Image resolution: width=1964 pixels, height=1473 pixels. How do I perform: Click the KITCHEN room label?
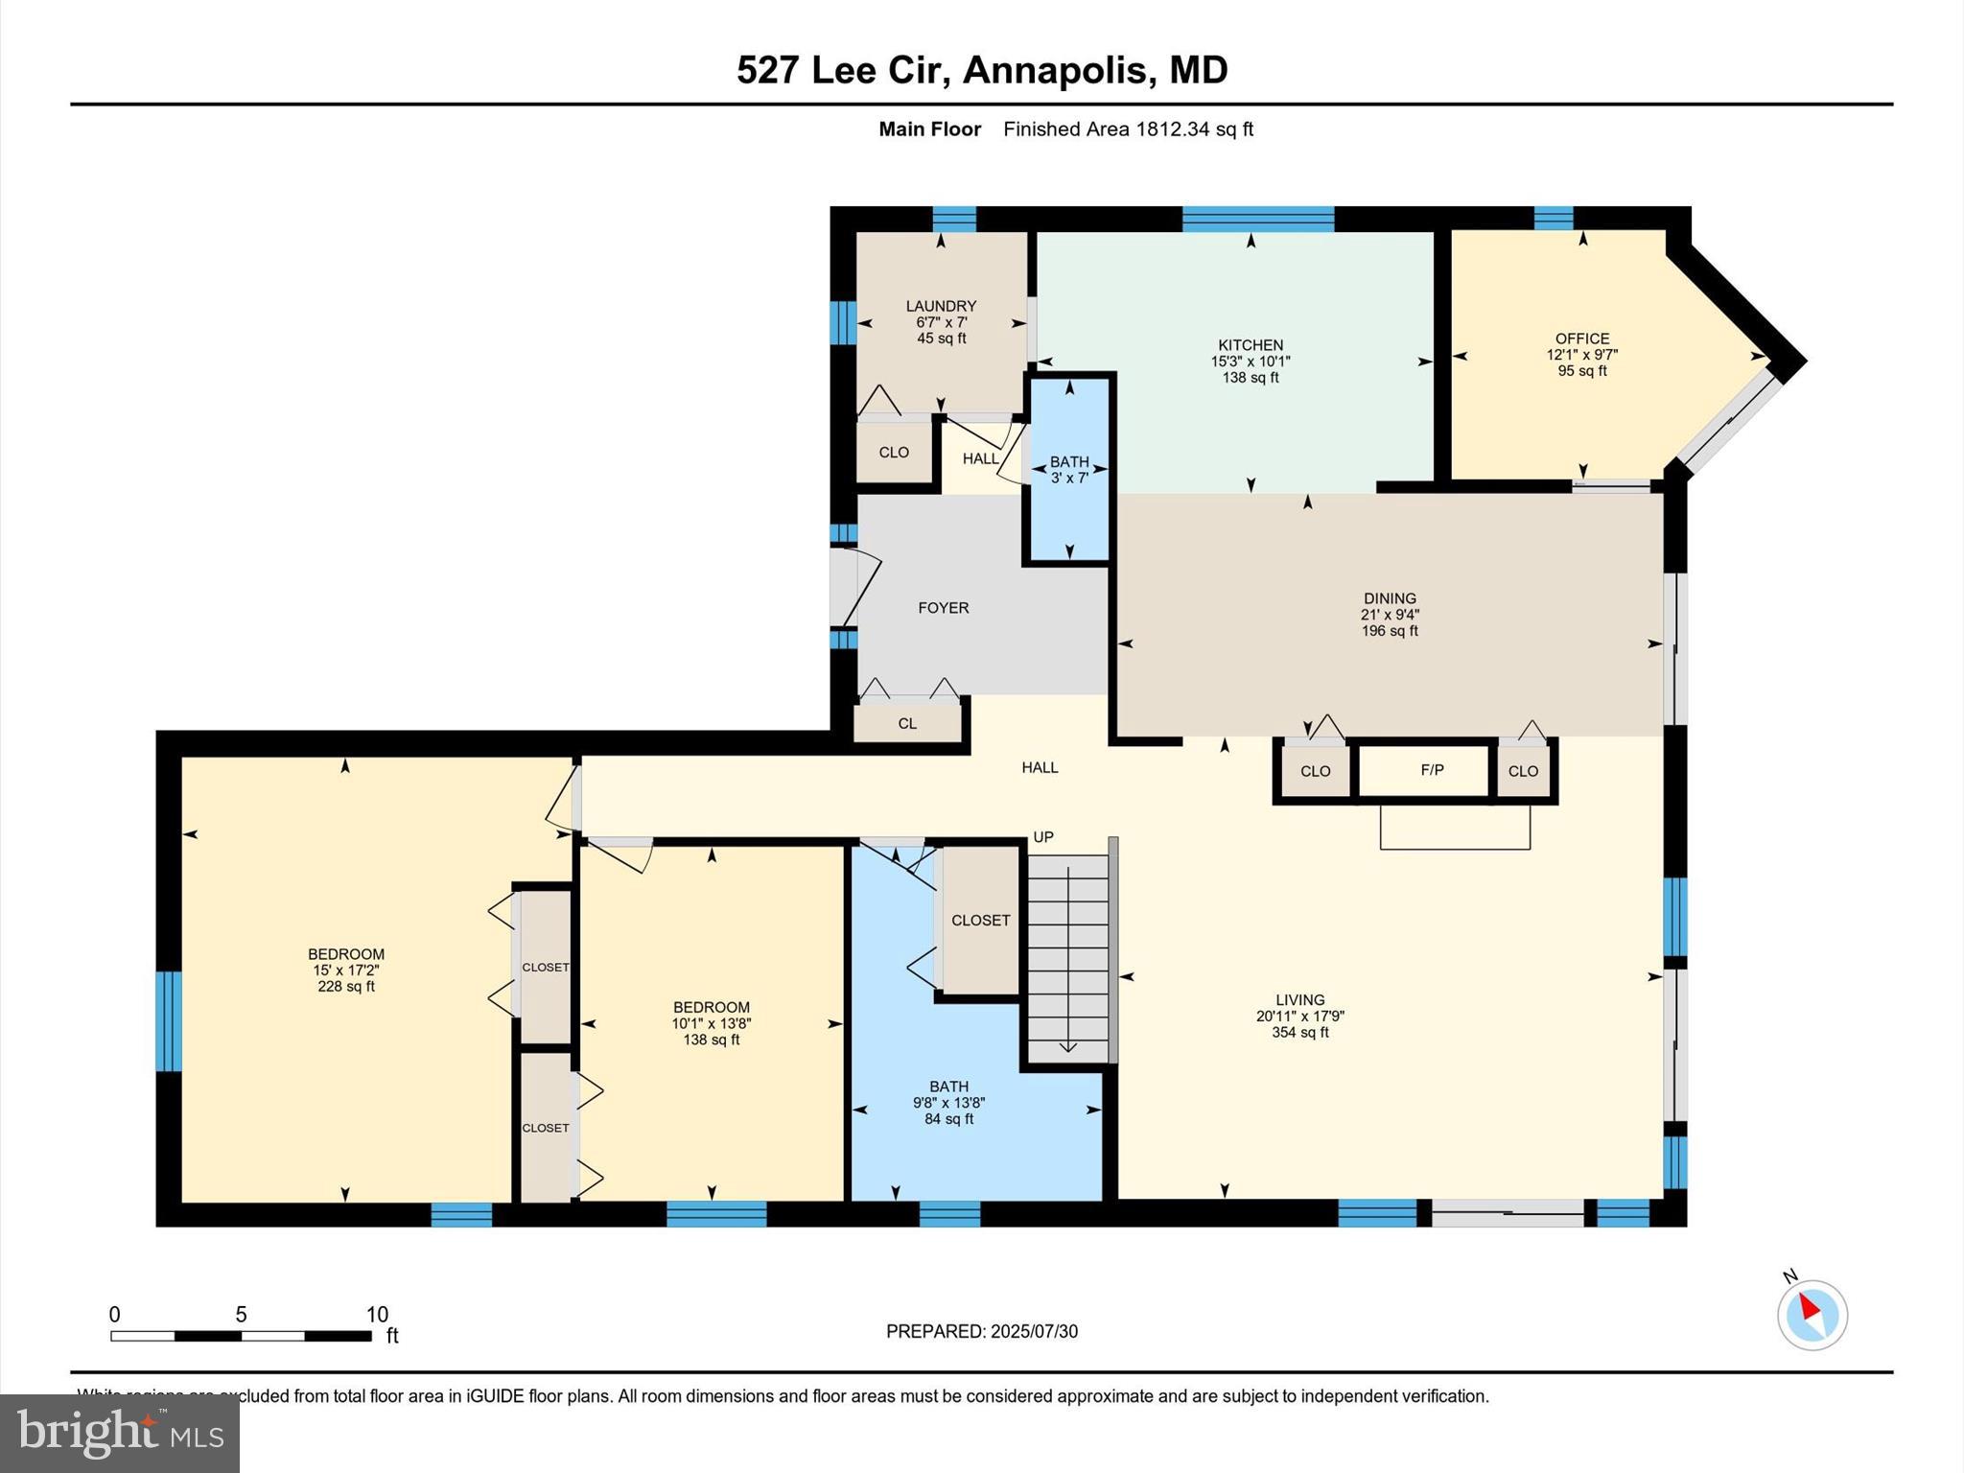pos(1250,345)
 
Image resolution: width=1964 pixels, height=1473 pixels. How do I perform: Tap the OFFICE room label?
pos(1581,339)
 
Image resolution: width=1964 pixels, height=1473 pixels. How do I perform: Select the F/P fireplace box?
pos(1431,770)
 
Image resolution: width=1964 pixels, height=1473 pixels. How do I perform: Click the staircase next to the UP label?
pos(1067,955)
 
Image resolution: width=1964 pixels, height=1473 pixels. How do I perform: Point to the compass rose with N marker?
pos(1812,1315)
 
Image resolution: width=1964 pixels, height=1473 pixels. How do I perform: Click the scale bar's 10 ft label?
pos(377,1315)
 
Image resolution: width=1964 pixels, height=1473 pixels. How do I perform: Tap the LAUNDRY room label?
pos(941,306)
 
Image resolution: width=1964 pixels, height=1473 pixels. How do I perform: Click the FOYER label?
pos(943,608)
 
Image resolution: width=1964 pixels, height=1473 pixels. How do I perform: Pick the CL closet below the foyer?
pos(907,723)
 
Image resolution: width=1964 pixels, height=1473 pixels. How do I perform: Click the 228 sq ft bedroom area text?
pos(346,986)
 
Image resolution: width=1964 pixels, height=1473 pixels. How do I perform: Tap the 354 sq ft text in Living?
pos(1299,1032)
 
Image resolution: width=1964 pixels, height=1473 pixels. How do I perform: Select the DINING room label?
pos(1390,598)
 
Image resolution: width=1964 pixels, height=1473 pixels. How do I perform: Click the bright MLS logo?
pos(120,1433)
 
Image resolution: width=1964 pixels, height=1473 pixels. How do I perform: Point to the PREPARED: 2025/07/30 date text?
pos(981,1331)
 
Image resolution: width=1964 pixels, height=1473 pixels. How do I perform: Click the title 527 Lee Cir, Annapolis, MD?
pos(981,70)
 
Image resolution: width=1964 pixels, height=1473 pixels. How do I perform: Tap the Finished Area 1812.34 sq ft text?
pos(1128,129)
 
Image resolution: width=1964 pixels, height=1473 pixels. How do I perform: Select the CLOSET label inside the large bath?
pos(980,921)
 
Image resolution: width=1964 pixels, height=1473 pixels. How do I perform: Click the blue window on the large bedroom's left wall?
pos(168,1020)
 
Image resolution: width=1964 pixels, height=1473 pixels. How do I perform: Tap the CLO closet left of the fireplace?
pos(1315,771)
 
